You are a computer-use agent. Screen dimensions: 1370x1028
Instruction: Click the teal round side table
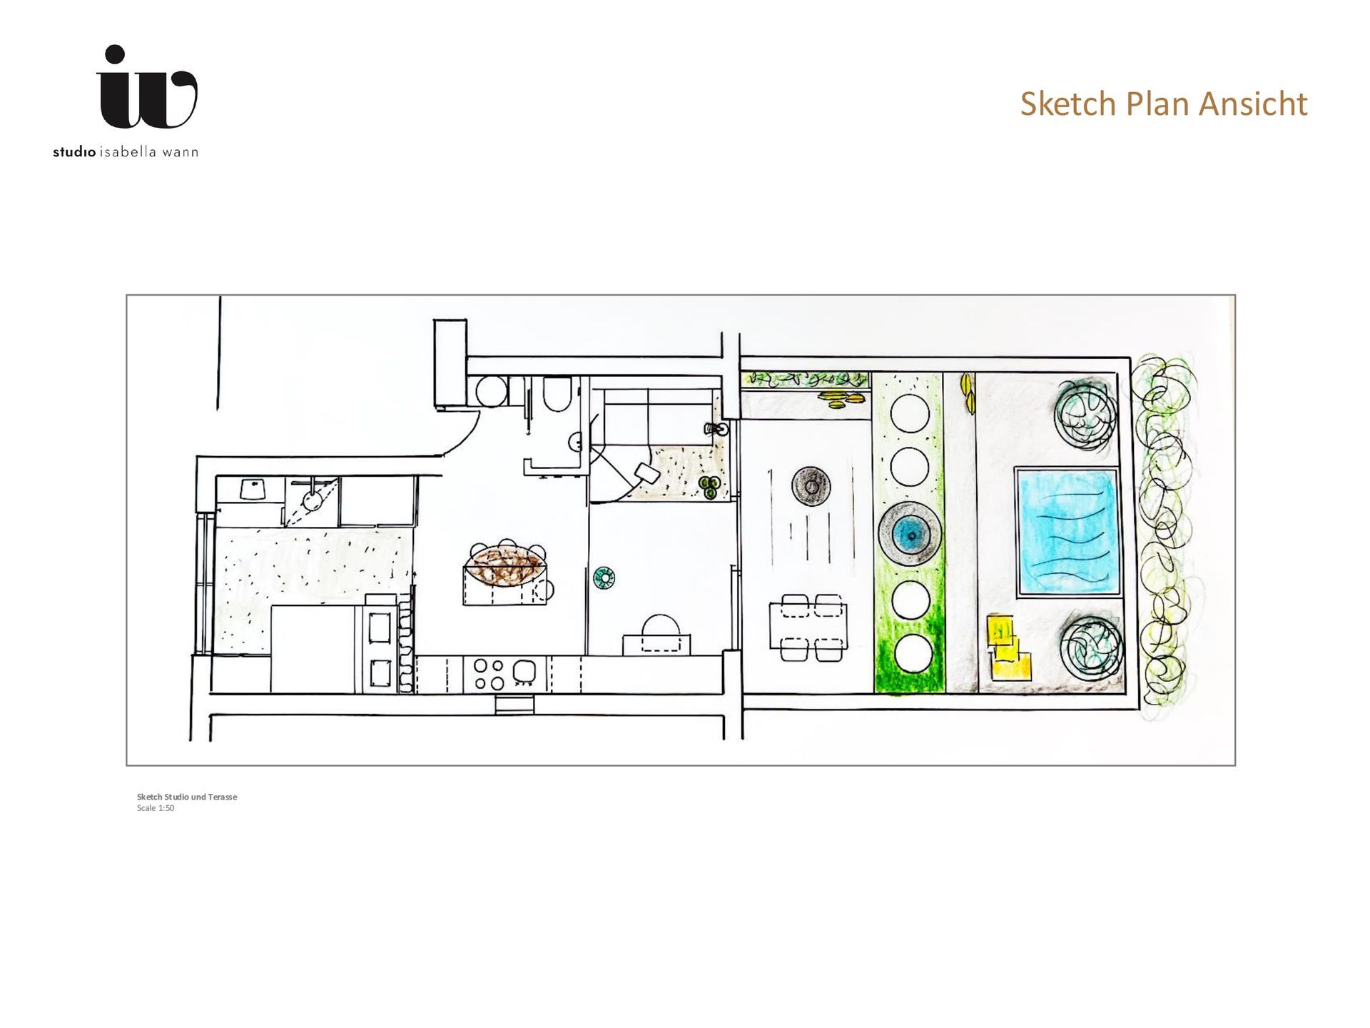click(x=604, y=578)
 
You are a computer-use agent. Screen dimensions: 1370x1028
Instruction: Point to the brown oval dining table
click(x=507, y=565)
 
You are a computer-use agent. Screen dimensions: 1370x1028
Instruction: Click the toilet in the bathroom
click(x=557, y=394)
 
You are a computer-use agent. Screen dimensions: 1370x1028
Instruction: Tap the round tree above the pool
click(x=1087, y=413)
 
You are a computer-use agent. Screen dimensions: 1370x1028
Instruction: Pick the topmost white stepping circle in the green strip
click(x=909, y=413)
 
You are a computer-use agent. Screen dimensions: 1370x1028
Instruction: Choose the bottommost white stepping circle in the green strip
click(x=912, y=653)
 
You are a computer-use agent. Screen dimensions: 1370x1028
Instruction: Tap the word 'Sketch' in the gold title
click(x=1069, y=104)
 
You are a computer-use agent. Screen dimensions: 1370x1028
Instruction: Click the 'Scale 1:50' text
click(x=156, y=808)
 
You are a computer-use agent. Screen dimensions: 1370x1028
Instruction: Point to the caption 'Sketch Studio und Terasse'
click(x=187, y=797)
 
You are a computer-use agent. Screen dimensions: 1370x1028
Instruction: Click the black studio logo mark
click(x=147, y=87)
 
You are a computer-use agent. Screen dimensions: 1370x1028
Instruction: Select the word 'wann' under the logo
click(x=180, y=152)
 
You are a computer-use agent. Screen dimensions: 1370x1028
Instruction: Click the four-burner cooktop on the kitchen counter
click(x=489, y=674)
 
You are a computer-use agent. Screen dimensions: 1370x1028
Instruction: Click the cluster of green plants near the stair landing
click(x=709, y=488)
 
